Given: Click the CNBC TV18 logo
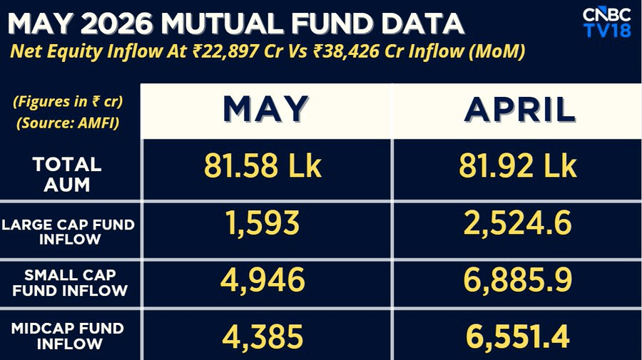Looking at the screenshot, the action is (x=606, y=22).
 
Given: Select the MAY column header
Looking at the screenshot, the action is (x=265, y=109).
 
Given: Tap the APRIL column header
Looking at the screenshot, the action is (x=519, y=109).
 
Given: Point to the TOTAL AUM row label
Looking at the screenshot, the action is (x=67, y=174).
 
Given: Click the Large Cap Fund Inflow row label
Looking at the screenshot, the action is (x=68, y=232).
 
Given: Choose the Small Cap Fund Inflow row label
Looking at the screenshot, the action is (x=70, y=283).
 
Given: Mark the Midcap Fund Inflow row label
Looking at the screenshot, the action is (x=68, y=336).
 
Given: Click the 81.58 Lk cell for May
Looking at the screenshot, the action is (x=263, y=165).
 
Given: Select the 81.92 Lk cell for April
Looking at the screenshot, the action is (x=518, y=165).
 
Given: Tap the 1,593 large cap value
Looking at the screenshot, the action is (x=263, y=223).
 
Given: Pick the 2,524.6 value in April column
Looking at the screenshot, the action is (x=518, y=223).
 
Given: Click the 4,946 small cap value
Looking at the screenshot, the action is (x=263, y=280).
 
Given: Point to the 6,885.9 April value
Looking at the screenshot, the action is (x=518, y=280).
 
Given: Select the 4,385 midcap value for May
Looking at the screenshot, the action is (x=263, y=337).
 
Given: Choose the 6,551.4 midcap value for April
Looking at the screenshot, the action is (x=518, y=337).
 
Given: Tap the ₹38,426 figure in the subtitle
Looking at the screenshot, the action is (x=347, y=52).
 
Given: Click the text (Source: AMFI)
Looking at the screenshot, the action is (x=68, y=123).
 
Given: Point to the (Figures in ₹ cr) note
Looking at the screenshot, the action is (x=68, y=101).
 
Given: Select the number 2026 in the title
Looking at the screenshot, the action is (x=117, y=24).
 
